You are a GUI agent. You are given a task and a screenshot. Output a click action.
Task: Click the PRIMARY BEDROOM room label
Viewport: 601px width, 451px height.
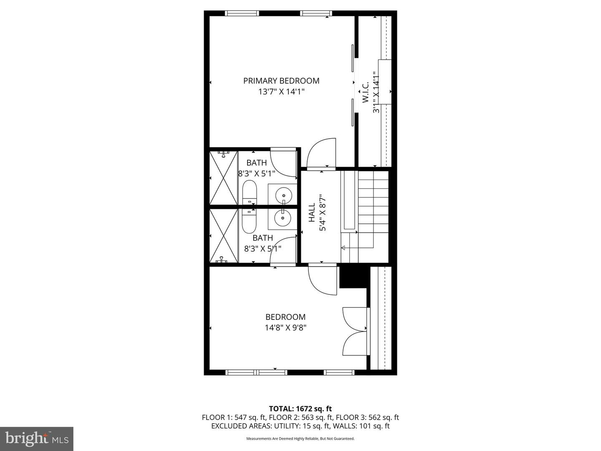tap(281, 81)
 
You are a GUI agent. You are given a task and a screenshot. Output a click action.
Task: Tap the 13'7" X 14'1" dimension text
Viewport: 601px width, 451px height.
tap(281, 92)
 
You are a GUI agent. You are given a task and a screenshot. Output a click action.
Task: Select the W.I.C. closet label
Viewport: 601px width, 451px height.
tap(365, 93)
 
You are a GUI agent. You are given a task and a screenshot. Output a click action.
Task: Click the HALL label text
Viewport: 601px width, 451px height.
tap(312, 213)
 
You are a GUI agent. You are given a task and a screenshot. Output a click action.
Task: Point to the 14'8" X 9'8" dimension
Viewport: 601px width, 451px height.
tap(285, 328)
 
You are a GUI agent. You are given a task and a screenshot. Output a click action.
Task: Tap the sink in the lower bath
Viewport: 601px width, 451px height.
tap(283, 218)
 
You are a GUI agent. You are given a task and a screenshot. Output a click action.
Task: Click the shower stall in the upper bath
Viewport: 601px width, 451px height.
tap(224, 178)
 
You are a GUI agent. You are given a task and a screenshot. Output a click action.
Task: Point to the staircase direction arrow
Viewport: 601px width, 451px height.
tap(344, 248)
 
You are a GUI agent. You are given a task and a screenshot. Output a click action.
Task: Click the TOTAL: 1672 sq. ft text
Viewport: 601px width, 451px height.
tap(300, 408)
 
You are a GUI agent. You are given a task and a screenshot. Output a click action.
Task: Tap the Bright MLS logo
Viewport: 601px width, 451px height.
tap(37, 438)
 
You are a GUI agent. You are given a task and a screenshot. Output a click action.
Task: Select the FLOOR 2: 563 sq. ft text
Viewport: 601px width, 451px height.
tap(300, 417)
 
